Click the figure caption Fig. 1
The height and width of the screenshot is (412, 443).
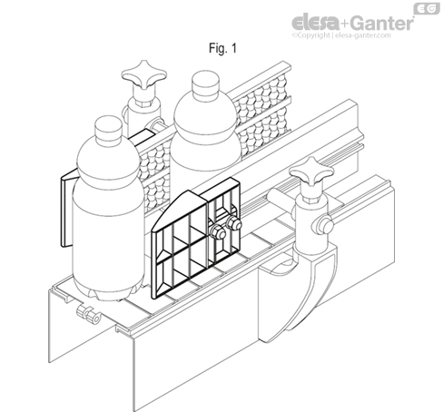click(x=222, y=48)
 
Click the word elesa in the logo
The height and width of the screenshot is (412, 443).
click(x=315, y=23)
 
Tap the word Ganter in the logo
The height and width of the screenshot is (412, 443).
click(x=382, y=23)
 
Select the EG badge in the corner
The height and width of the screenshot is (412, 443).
click(x=427, y=8)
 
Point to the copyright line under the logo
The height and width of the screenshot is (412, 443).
click(x=341, y=35)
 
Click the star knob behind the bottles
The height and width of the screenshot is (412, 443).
click(x=144, y=74)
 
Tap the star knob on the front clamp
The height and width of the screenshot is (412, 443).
click(x=311, y=171)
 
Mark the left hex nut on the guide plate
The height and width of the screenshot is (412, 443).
click(x=217, y=232)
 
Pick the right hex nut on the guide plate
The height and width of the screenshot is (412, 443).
click(x=233, y=223)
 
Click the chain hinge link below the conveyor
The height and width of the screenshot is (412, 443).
click(x=88, y=315)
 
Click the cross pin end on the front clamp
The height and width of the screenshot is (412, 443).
click(x=325, y=224)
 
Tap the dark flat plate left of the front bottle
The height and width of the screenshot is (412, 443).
click(x=67, y=209)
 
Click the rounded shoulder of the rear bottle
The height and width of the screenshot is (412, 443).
click(x=206, y=116)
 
